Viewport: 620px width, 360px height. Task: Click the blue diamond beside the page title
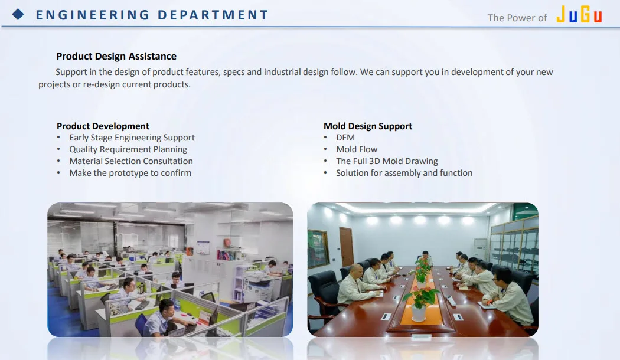pyautogui.click(x=18, y=15)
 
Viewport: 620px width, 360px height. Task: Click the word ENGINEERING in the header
pyautogui.click(x=93, y=15)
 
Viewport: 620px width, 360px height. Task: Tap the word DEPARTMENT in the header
pyautogui.click(x=213, y=15)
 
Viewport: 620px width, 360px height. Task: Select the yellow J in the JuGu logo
pyautogui.click(x=561, y=14)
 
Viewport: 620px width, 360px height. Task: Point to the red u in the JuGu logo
pyautogui.click(x=598, y=16)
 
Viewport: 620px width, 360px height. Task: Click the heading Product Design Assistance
pyautogui.click(x=116, y=56)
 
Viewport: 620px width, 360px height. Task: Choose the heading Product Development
pyautogui.click(x=103, y=126)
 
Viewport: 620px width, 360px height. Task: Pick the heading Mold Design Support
pyautogui.click(x=368, y=126)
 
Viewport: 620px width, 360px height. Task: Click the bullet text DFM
pyautogui.click(x=345, y=138)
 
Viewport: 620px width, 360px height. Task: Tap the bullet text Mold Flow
pyautogui.click(x=357, y=149)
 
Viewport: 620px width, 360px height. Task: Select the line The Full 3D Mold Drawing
pyautogui.click(x=387, y=161)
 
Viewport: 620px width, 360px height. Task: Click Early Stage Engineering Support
pyautogui.click(x=132, y=138)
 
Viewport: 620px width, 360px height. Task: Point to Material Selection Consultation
pyautogui.click(x=131, y=161)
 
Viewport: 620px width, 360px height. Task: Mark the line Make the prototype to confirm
pyautogui.click(x=130, y=173)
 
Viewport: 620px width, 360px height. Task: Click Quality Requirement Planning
pyautogui.click(x=128, y=149)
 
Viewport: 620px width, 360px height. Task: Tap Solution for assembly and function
pyautogui.click(x=404, y=173)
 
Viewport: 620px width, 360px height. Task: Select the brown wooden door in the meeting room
pyautogui.click(x=347, y=246)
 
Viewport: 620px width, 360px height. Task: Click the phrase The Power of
pyautogui.click(x=517, y=18)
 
